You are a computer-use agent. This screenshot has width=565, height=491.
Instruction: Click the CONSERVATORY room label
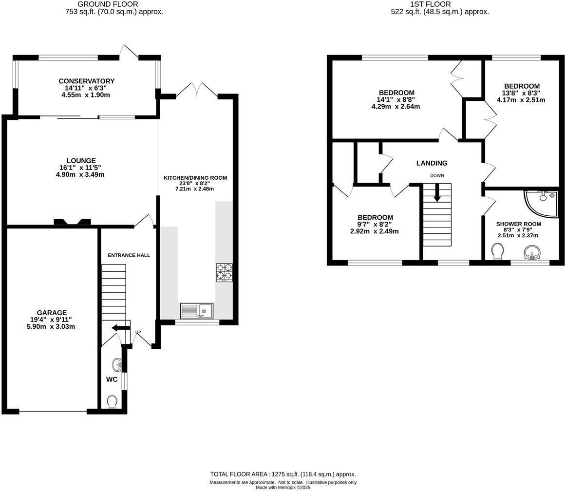(x=86, y=81)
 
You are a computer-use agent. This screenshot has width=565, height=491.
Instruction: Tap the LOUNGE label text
(x=81, y=160)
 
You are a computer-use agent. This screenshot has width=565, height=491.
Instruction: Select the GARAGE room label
(x=52, y=313)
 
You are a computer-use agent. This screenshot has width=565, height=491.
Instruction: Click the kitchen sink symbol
(x=196, y=310)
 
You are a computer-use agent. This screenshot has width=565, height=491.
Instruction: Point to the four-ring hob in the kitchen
(x=224, y=272)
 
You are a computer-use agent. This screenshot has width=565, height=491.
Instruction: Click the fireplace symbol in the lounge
(x=72, y=222)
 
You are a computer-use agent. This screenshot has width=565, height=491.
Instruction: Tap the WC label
(x=112, y=379)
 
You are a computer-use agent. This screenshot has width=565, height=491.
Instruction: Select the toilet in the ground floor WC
(x=112, y=401)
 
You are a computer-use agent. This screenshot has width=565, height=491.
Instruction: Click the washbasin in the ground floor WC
(x=116, y=364)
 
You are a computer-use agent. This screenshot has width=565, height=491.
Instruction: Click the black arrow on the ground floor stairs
(x=118, y=328)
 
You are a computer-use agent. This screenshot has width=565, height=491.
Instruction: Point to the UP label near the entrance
(x=138, y=333)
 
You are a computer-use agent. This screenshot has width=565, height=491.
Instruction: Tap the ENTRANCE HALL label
(x=129, y=255)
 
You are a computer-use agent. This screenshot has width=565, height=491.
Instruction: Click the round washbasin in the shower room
(x=532, y=253)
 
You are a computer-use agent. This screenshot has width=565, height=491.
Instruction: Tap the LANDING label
(x=432, y=163)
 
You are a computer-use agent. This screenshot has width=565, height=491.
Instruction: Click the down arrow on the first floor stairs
(x=437, y=193)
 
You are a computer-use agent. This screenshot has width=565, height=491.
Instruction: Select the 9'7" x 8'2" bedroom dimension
(x=374, y=225)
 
